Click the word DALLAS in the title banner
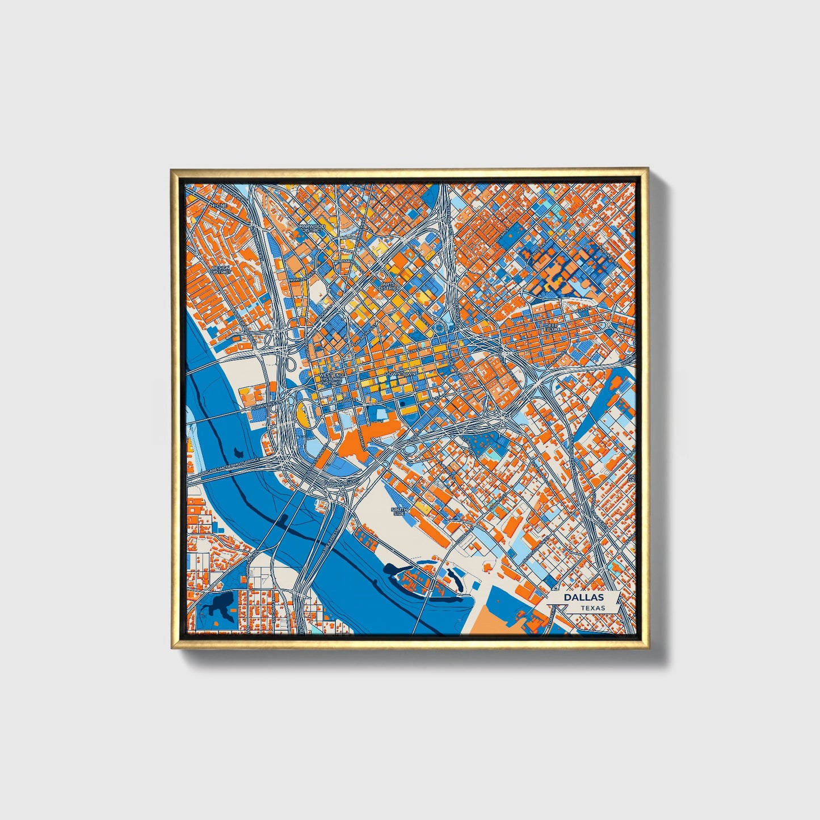pos(583,598)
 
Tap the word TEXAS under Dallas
pos(592,608)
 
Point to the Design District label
pos(221,269)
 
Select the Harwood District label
pos(312,228)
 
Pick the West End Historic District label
pos(331,379)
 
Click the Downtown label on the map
pos(401,375)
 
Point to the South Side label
pos(400,512)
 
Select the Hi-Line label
pos(219,204)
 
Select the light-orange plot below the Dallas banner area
pos(499,619)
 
